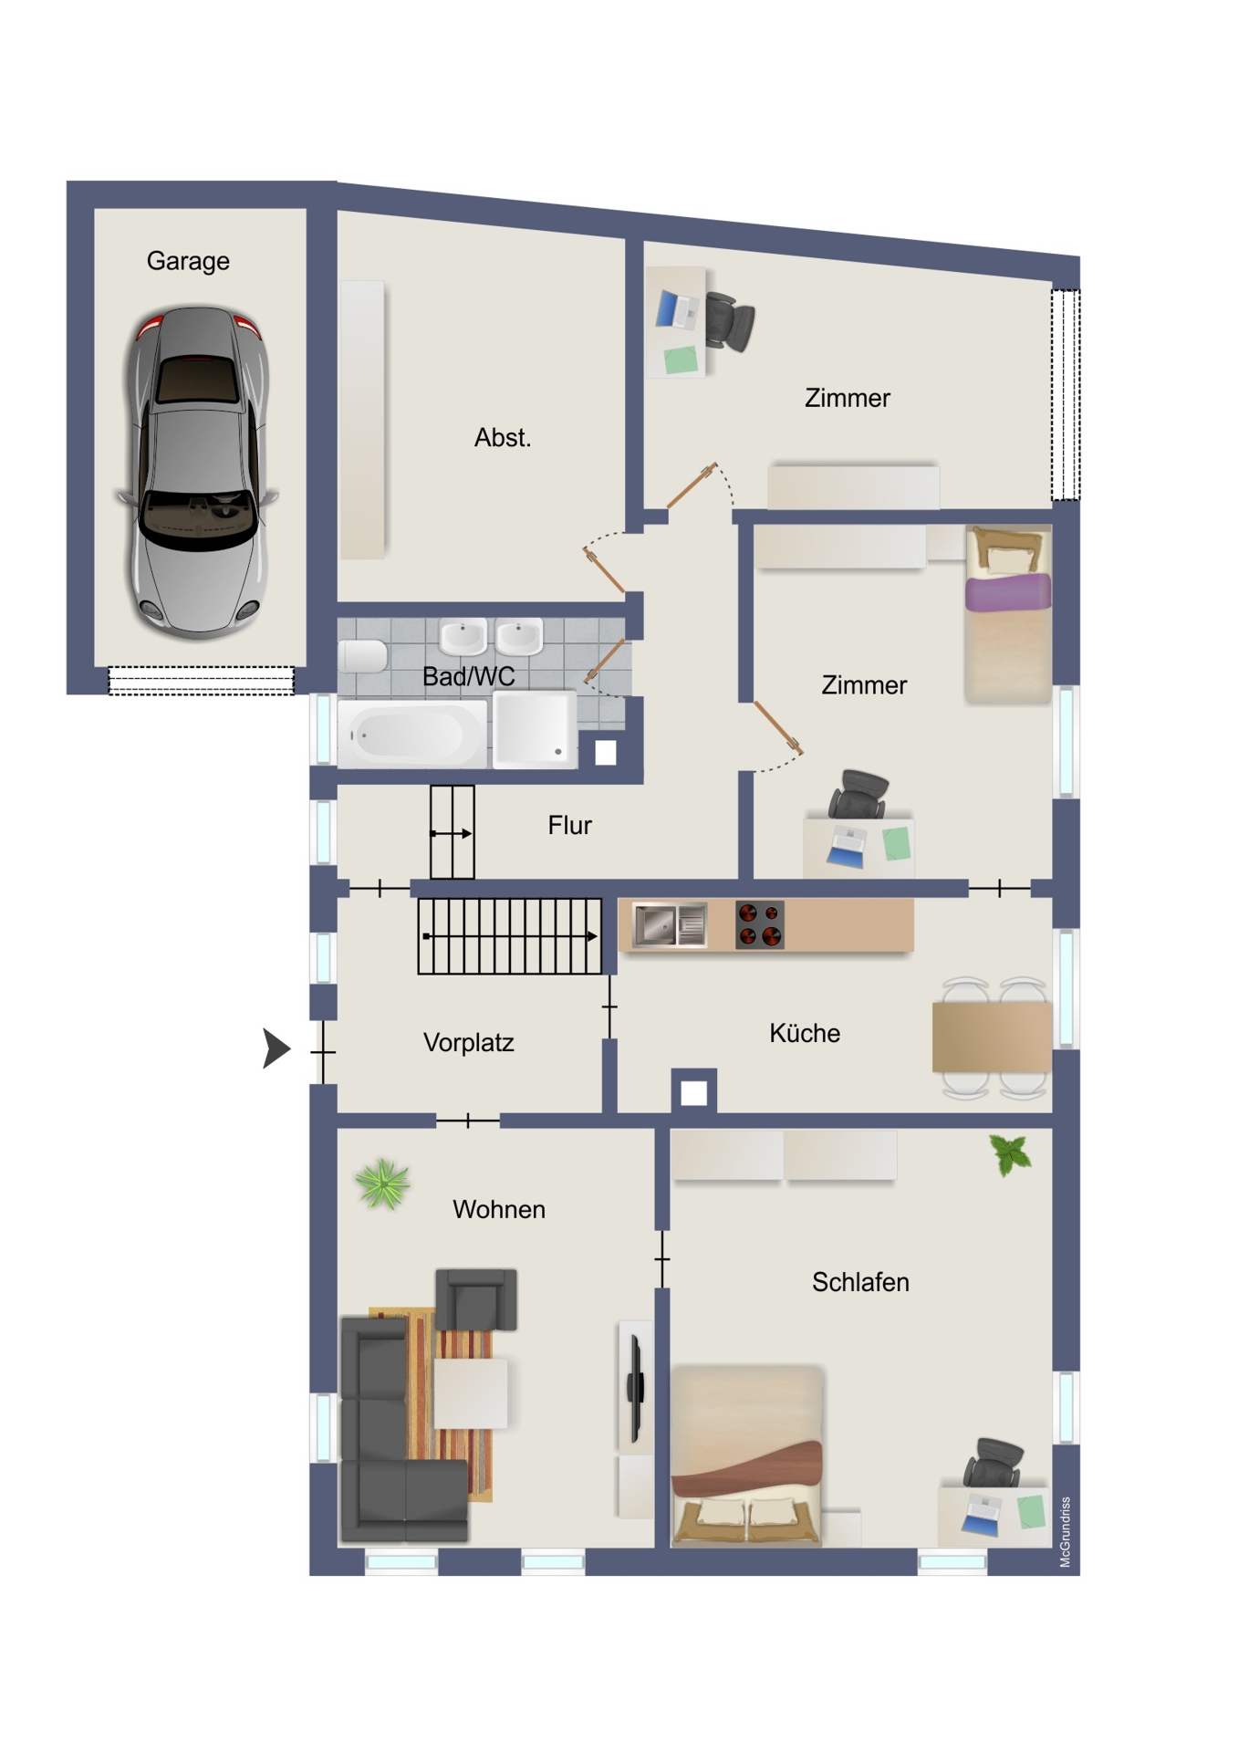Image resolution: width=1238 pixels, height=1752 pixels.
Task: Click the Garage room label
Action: [188, 261]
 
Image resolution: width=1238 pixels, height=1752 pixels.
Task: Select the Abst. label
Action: [502, 437]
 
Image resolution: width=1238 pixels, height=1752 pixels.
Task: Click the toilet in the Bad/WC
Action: [363, 655]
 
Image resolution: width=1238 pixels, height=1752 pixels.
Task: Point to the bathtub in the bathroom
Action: [411, 734]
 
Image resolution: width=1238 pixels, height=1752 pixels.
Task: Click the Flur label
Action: [569, 825]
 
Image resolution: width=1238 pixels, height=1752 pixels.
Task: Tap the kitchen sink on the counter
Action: [671, 925]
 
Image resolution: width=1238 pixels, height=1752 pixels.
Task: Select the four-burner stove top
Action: [760, 924]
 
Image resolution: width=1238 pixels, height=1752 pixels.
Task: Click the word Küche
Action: [804, 1033]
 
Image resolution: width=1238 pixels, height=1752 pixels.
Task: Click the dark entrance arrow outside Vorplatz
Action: [276, 1048]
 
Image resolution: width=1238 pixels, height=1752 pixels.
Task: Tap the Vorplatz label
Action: [468, 1042]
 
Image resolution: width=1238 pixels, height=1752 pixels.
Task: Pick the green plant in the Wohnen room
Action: [383, 1184]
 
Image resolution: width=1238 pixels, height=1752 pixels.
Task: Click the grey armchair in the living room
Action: [476, 1298]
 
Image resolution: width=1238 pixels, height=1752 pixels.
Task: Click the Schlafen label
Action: [860, 1282]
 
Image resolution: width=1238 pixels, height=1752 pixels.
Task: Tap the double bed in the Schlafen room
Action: [746, 1455]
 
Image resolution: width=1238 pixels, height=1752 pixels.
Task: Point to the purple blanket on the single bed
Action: [1008, 592]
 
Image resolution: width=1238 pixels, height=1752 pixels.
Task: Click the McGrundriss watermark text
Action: [1065, 1532]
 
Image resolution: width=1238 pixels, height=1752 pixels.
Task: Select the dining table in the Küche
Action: [992, 1037]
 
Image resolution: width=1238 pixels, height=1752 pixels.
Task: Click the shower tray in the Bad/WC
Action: [535, 729]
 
